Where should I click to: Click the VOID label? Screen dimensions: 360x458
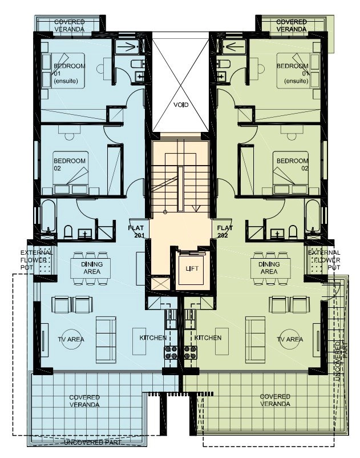point(181,105)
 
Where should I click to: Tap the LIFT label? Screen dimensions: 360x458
point(192,268)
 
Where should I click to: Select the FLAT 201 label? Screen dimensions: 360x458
point(136,231)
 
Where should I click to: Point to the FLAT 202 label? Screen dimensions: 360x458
point(225,231)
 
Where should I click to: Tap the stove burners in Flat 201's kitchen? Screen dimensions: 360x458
point(171,352)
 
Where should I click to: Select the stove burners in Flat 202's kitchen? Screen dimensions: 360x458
point(191,352)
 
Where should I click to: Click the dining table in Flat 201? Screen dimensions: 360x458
point(91,268)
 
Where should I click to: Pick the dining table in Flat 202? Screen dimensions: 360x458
point(271,268)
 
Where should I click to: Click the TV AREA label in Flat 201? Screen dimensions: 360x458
point(71,339)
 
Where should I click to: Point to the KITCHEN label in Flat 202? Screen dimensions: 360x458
point(208,338)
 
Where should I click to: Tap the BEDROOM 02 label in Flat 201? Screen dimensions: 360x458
point(70,164)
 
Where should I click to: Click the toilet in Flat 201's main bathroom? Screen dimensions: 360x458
point(68,232)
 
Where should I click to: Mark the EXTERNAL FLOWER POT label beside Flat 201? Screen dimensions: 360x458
point(36,260)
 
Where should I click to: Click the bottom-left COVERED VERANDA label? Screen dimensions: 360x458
point(84,401)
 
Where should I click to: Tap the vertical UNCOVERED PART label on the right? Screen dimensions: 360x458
point(341,361)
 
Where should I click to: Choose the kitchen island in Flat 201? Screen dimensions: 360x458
point(139,341)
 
